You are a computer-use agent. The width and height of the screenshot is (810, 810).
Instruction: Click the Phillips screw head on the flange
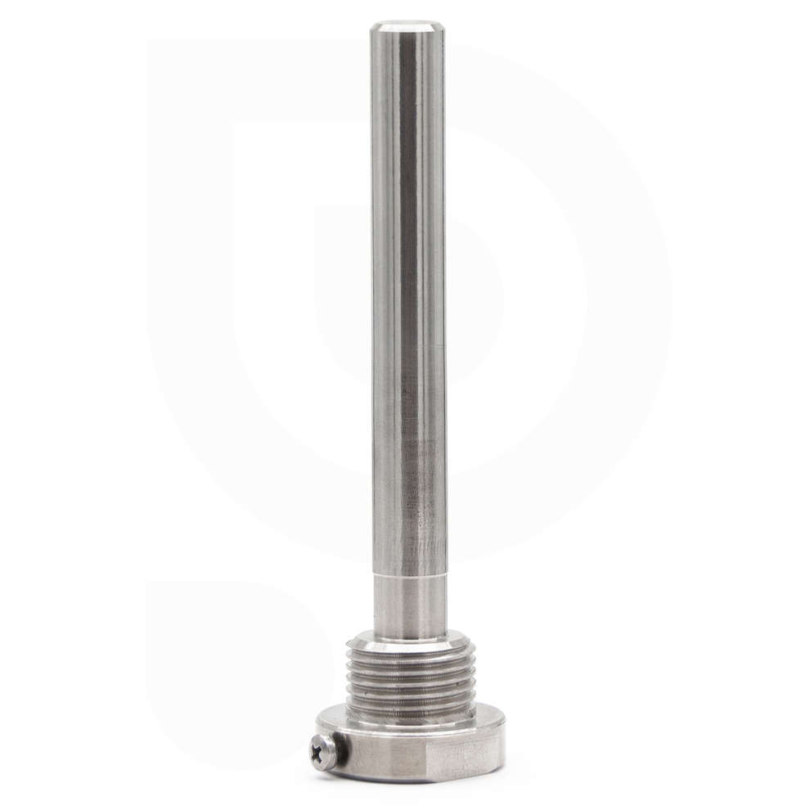point(322,750)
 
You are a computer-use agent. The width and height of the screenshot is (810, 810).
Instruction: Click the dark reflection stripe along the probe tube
point(407,286)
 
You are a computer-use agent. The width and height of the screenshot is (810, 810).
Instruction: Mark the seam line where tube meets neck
point(410,574)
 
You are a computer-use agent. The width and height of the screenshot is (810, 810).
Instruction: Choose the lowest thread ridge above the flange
point(410,712)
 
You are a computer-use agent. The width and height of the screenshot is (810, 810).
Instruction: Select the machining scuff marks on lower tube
point(425,540)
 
